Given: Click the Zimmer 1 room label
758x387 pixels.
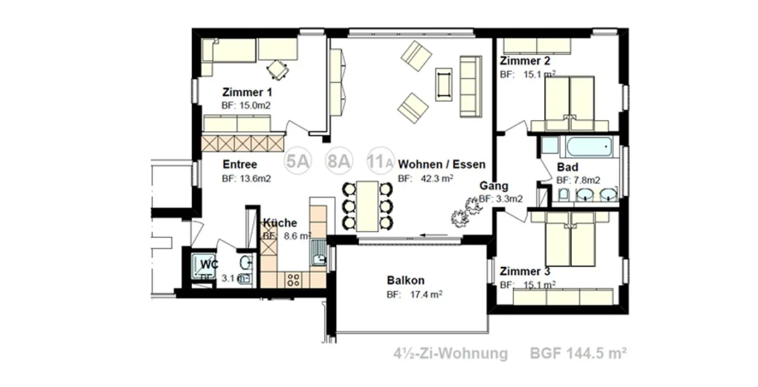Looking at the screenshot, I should pos(247,92).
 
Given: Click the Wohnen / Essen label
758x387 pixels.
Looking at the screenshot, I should pos(442,164).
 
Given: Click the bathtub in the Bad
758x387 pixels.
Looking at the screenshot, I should pos(589,147).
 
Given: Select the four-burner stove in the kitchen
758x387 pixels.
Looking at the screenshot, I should pos(293,280).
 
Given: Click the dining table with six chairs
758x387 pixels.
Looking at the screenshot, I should pos(367,206).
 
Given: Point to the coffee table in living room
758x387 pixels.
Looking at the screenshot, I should pos(444,84).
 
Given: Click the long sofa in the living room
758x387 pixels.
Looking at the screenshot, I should pos(471,86).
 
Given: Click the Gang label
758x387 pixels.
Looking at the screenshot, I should pos(494,186).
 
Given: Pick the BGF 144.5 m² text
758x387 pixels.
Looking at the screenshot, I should pos(578,353).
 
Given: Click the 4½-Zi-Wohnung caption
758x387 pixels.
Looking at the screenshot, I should pos(451,353).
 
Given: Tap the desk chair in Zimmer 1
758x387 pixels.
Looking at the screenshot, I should pos(277,68).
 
